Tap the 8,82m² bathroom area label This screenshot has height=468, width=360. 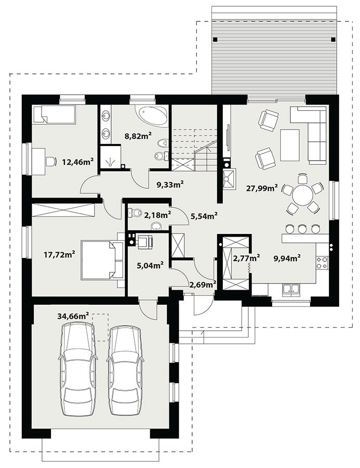coord(138,136)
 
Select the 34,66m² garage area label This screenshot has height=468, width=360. coord(73,316)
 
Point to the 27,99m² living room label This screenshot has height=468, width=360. coord(262,188)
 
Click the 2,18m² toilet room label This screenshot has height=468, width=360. coord(157,214)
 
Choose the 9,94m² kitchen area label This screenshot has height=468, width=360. coord(287,257)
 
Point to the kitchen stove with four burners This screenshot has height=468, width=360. coord(322,263)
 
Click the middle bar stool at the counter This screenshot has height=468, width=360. coord(302,229)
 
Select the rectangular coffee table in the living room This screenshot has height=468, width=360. coord(290,145)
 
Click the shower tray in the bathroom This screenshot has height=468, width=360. coord(110,157)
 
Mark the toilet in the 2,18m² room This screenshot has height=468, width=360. coord(135,213)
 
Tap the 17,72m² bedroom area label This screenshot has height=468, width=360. coord(59,255)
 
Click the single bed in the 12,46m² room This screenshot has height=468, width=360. coord(54,114)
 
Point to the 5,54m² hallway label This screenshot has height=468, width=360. coord(204,215)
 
